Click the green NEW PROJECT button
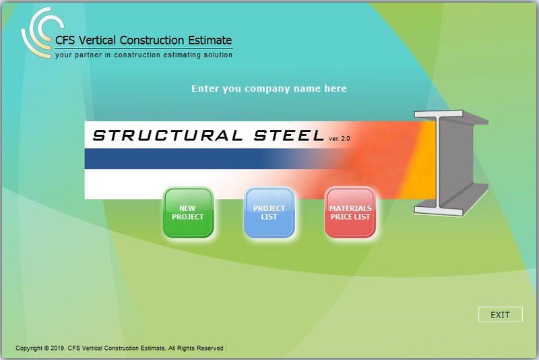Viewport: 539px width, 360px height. tap(188, 213)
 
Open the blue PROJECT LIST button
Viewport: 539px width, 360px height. tap(269, 213)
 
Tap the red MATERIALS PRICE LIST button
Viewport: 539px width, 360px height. tap(350, 213)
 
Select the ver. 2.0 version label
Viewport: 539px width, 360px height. tap(340, 139)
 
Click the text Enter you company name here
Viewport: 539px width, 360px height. tap(269, 89)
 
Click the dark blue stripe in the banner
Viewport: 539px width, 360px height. tap(182, 159)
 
